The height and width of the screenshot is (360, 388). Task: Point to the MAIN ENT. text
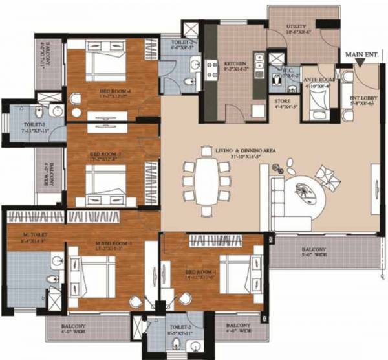(362, 56)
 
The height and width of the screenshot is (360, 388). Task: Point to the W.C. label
(283, 72)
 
